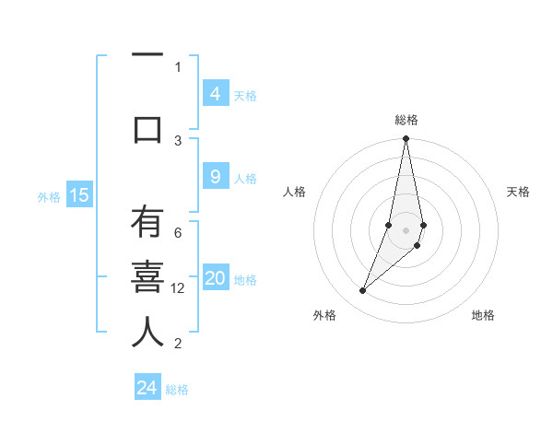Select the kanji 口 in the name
pos(147,128)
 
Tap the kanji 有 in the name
pos(147,224)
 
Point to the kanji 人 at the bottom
pos(147,332)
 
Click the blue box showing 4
pos(215,94)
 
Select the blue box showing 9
pos(215,177)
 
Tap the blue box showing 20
pos(215,279)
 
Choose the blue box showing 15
pos(79,195)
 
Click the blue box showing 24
pos(147,388)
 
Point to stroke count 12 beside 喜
pos(179,288)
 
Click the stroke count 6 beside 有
pos(178,233)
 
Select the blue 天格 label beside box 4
pos(245,95)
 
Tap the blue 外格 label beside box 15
pos(49,196)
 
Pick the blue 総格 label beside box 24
pos(177,390)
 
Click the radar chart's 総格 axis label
pos(406,120)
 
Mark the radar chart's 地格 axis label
pos(483,315)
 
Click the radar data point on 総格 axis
pos(406,139)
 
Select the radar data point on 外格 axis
pos(362,291)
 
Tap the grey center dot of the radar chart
pos(406,230)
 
